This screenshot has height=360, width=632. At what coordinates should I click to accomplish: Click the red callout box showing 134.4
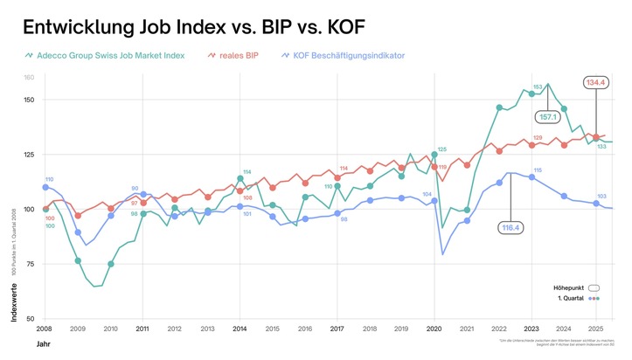point(596,83)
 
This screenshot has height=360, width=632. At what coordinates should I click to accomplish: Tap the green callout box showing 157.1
point(549,116)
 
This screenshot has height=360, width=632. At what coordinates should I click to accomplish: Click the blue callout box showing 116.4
point(510,228)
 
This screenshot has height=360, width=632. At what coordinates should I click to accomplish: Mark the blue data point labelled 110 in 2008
point(45,187)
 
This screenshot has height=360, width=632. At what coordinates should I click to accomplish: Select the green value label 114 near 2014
point(247,171)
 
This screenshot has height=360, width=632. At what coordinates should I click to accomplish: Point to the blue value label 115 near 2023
point(538,170)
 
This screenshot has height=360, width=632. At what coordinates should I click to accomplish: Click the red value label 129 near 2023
point(538,138)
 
